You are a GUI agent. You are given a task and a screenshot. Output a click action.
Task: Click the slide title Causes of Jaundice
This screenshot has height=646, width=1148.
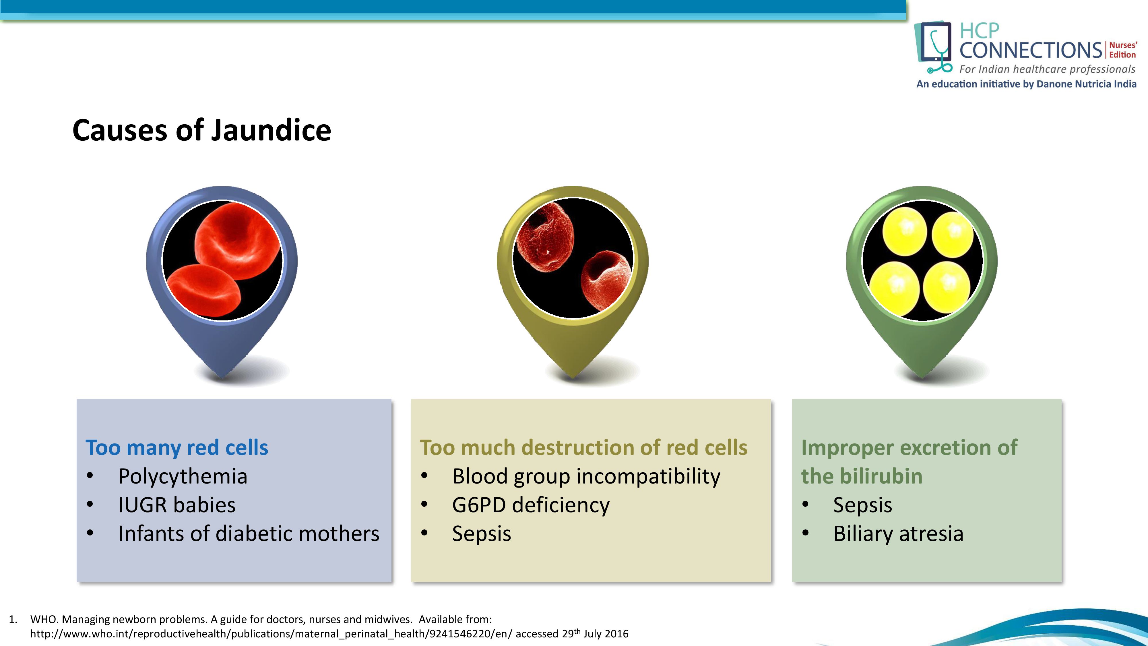click(201, 131)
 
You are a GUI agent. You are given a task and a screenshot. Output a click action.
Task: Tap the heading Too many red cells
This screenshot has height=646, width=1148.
click(177, 448)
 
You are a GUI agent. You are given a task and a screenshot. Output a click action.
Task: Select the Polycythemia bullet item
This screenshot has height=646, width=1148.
click(183, 476)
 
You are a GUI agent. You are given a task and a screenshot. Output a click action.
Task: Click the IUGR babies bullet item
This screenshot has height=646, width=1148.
click(177, 505)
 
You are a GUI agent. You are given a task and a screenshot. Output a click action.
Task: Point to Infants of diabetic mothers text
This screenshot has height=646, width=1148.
click(249, 534)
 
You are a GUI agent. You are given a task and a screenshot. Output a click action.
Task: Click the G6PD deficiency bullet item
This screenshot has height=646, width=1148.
click(530, 505)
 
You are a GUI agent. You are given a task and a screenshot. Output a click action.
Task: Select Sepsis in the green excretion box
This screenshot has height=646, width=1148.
click(862, 505)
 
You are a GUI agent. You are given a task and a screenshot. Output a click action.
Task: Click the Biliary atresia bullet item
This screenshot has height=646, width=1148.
click(898, 534)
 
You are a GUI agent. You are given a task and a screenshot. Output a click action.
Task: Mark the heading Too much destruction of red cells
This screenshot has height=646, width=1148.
click(583, 448)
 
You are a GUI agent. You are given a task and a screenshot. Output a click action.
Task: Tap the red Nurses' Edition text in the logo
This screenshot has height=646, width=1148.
click(1122, 50)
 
